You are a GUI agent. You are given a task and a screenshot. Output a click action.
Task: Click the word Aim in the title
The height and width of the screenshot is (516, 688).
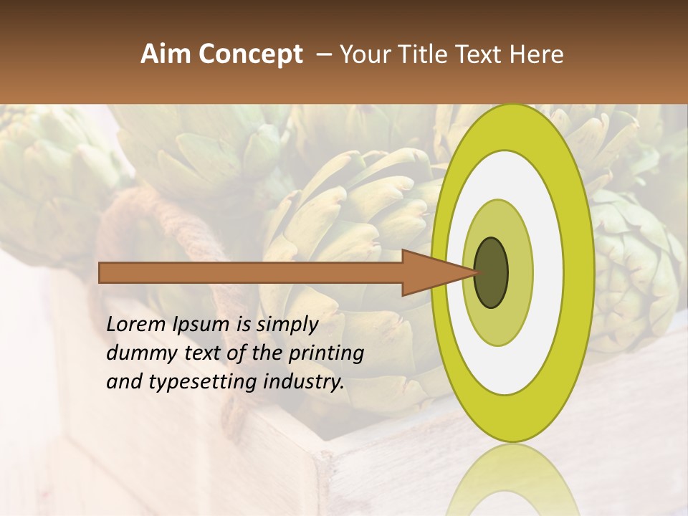pyautogui.click(x=166, y=54)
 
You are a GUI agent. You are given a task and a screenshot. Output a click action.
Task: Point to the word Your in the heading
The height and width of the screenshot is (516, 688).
pyautogui.click(x=365, y=54)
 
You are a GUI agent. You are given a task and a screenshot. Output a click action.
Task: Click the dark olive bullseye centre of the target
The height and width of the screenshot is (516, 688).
pyautogui.click(x=491, y=272)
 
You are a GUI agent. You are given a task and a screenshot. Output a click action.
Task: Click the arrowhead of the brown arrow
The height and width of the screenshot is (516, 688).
pyautogui.click(x=437, y=272)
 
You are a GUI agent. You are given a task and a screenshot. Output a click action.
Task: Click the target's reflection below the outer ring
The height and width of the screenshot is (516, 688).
pyautogui.click(x=512, y=480)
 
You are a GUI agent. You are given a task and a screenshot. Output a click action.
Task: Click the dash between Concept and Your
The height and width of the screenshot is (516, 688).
pyautogui.click(x=324, y=55)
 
